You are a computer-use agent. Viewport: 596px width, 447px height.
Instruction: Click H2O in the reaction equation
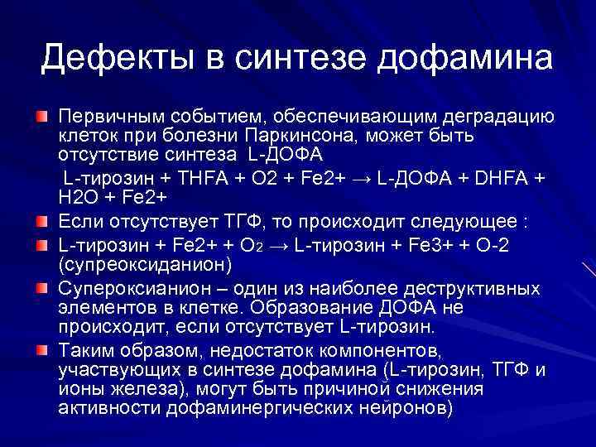(79, 198)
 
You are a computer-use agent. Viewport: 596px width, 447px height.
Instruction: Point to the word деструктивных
(474, 288)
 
